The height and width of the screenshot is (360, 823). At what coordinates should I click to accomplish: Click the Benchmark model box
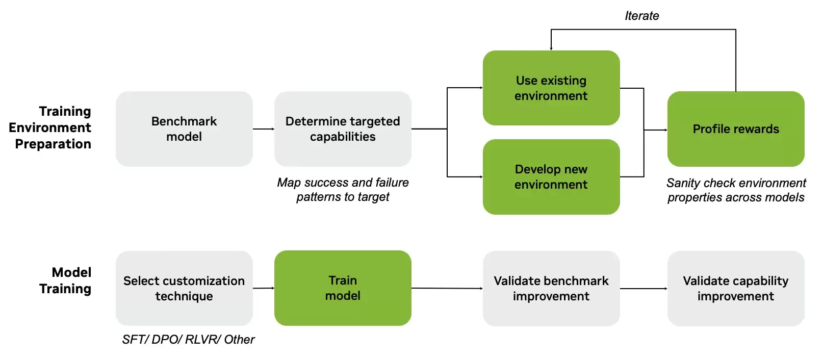click(x=184, y=129)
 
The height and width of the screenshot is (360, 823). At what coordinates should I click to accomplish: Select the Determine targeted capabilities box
click(x=343, y=129)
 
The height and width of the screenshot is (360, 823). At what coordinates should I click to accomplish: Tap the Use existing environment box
click(x=551, y=88)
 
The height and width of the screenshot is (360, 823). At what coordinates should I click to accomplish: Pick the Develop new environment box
click(x=551, y=177)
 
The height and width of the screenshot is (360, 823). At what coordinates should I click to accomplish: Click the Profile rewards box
click(x=736, y=129)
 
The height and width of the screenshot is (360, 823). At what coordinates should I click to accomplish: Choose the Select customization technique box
click(x=184, y=289)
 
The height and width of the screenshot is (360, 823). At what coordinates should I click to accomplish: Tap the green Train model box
click(x=343, y=288)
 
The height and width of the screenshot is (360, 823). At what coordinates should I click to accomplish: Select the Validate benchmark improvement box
click(x=551, y=289)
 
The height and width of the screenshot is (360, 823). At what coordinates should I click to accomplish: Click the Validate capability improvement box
click(x=736, y=289)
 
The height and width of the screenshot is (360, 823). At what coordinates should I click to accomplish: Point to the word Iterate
click(x=642, y=16)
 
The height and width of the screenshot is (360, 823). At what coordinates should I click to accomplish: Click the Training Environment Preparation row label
click(x=50, y=127)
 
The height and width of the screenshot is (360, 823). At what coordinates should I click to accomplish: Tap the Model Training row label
click(x=65, y=280)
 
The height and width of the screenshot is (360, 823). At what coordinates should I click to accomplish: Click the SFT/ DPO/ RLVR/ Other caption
click(x=188, y=340)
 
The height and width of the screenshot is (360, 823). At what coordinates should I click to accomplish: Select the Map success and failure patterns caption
click(x=343, y=190)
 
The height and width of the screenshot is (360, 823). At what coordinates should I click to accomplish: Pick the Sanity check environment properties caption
click(x=736, y=190)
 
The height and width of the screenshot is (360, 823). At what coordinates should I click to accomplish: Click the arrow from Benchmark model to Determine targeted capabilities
click(x=264, y=129)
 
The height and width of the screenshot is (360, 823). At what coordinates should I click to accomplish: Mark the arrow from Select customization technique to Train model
click(x=264, y=288)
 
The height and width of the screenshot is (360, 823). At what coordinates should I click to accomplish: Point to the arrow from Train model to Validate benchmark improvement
click(x=447, y=289)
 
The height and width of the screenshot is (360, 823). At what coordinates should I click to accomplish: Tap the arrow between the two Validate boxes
click(x=644, y=289)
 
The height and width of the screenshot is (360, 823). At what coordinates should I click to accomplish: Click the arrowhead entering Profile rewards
click(x=666, y=130)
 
